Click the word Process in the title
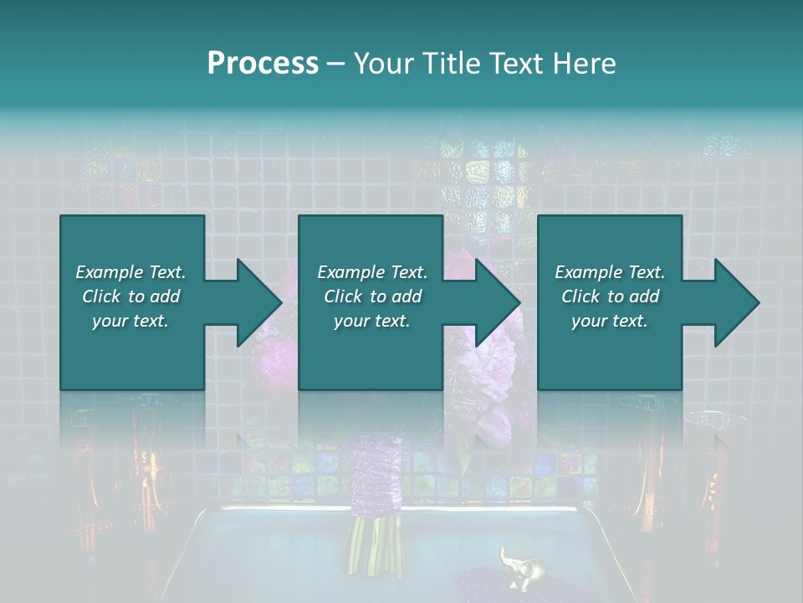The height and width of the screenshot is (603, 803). pyautogui.click(x=263, y=64)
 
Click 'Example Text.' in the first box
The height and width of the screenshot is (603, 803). pyautogui.click(x=130, y=272)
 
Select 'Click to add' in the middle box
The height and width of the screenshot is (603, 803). pyautogui.click(x=372, y=296)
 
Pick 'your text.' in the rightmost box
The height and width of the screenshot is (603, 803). pyautogui.click(x=610, y=321)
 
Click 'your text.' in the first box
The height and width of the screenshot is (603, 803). pyautogui.click(x=130, y=321)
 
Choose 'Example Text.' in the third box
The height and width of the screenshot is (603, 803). pyautogui.click(x=610, y=272)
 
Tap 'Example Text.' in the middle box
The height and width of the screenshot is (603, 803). pyautogui.click(x=372, y=272)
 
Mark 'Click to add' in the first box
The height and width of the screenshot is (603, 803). pyautogui.click(x=130, y=296)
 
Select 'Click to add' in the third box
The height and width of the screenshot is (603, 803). pyautogui.click(x=610, y=296)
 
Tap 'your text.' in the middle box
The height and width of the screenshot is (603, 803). pyautogui.click(x=372, y=321)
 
